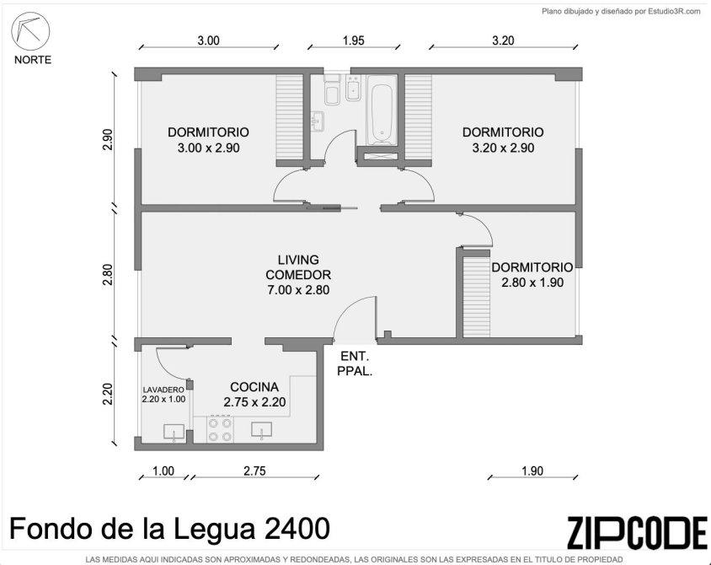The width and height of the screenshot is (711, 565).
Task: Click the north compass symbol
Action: click(30, 32)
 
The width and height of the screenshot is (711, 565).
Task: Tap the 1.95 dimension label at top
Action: click(353, 40)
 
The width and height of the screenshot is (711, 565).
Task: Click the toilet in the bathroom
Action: click(333, 90)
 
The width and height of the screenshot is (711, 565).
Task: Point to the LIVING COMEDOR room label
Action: click(298, 275)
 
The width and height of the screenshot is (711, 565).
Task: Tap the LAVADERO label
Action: click(163, 390)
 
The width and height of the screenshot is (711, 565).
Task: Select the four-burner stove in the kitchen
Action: click(221, 430)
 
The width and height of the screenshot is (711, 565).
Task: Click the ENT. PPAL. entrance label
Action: click(355, 363)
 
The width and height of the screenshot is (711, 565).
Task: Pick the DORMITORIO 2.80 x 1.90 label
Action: click(532, 275)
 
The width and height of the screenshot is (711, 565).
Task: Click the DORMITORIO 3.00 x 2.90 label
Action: click(209, 140)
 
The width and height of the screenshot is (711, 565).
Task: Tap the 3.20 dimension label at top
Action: click(503, 40)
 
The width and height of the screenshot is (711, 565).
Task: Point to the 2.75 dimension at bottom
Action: click(254, 471)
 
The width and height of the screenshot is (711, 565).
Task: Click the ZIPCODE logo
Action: click(637, 532)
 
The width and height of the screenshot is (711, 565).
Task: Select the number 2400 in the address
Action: click(297, 529)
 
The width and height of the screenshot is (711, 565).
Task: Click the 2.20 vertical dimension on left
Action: click(107, 394)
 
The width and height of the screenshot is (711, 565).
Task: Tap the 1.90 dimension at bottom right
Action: click(532, 471)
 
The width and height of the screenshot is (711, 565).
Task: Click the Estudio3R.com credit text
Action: click(674, 12)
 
